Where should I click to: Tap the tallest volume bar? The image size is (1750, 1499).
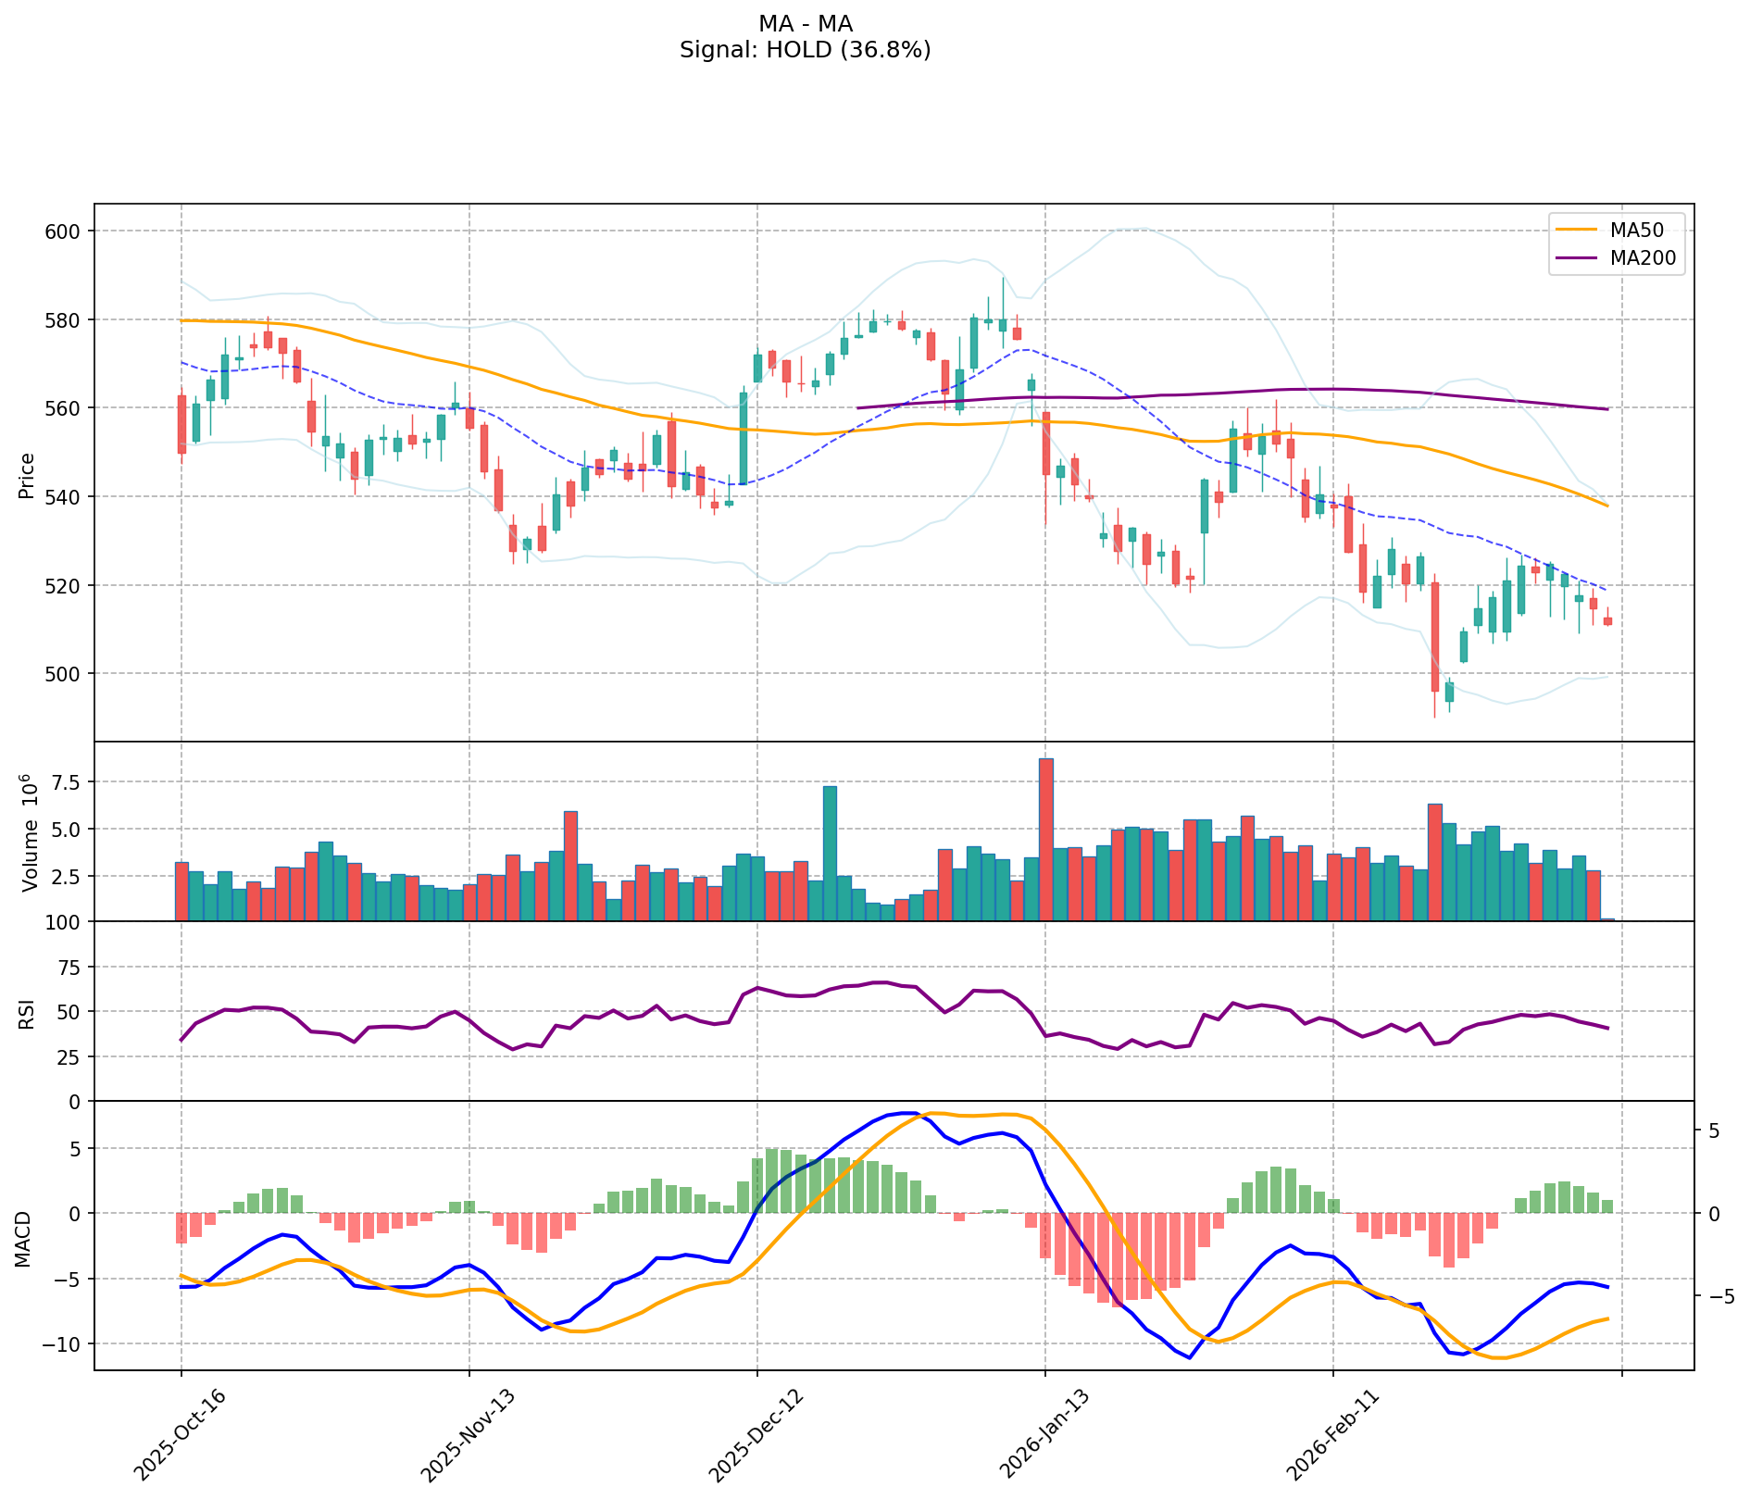click(x=1046, y=839)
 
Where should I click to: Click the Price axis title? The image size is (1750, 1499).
click(x=27, y=475)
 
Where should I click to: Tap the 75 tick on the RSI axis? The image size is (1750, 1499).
click(x=70, y=968)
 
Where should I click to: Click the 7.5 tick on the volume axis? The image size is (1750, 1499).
click(x=65, y=782)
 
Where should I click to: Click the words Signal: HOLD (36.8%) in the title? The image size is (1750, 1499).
click(x=805, y=50)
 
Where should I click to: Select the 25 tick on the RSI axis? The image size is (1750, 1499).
click(x=70, y=1056)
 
